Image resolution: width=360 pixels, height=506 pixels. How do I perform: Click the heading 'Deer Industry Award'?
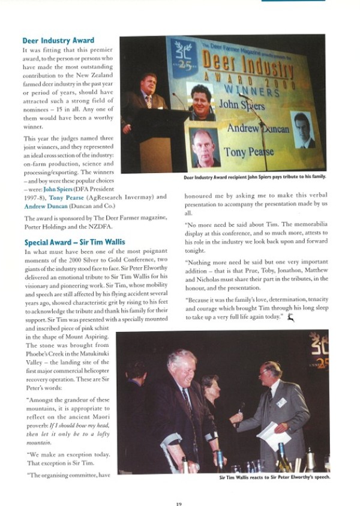pyautogui.click(x=58, y=41)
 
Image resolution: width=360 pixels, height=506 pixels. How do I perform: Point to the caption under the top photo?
pyautogui.click(x=254, y=178)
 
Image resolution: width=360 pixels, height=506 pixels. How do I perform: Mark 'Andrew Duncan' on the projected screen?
pyautogui.click(x=258, y=128)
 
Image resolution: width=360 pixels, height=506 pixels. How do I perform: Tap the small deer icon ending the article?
pyautogui.click(x=290, y=316)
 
